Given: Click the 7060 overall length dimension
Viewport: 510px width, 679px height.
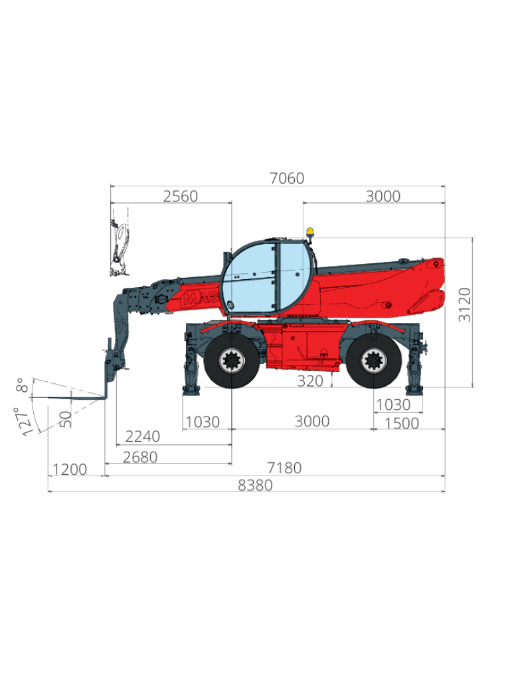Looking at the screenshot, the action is [x=287, y=178].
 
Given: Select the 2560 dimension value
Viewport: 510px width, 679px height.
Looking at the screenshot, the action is [x=181, y=196].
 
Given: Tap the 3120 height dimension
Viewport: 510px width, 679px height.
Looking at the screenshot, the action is [x=464, y=305].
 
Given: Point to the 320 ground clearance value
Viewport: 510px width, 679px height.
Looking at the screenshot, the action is [x=310, y=381].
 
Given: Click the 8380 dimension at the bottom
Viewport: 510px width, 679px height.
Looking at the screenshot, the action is [x=255, y=485].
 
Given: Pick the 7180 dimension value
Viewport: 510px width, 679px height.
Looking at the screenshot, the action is [x=284, y=468].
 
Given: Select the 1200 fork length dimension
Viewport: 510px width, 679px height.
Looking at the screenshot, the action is [x=69, y=469].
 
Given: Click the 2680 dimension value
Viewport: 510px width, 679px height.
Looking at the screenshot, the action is [x=140, y=458].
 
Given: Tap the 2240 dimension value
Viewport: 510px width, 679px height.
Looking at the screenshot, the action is [x=143, y=436].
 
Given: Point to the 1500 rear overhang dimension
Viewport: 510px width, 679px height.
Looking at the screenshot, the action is [x=402, y=424].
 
